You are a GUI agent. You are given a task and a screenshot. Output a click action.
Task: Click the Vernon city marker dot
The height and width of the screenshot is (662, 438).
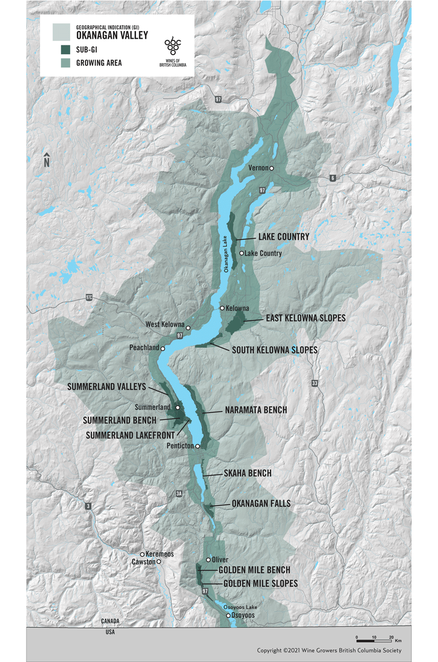272,168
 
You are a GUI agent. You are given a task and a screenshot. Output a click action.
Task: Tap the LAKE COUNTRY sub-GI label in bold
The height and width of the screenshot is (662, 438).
284,237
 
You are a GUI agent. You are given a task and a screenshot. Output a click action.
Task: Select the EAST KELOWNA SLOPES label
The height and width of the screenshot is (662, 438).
306,318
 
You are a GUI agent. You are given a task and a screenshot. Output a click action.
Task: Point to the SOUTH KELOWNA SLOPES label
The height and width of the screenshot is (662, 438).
275,350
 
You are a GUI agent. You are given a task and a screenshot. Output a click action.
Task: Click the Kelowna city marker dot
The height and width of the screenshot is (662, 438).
222,308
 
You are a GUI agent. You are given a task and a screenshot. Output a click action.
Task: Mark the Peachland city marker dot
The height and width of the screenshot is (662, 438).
163,349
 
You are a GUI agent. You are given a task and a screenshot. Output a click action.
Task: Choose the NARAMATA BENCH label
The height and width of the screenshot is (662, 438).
256,410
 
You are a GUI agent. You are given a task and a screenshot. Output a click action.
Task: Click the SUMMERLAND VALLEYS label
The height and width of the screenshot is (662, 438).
106,387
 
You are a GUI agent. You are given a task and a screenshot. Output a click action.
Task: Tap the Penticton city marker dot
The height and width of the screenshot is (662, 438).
198,446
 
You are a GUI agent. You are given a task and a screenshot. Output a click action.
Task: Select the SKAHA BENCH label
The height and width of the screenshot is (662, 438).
248,473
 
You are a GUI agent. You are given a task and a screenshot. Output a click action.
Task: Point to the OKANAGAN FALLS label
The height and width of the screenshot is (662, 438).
261,504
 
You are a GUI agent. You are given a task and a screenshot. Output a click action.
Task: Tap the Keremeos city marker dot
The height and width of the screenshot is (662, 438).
143,554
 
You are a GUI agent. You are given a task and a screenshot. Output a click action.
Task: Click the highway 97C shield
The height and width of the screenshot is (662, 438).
90,297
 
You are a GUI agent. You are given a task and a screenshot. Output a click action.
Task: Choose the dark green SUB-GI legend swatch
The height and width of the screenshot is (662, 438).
65,49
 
